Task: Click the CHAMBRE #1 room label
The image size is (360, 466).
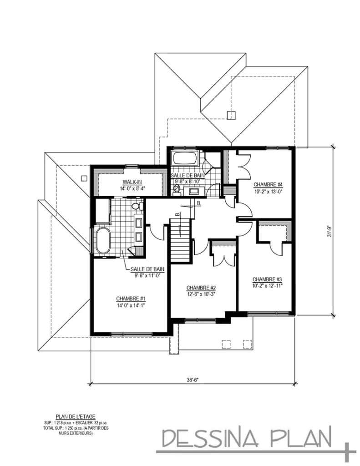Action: pyautogui.click(x=130, y=299)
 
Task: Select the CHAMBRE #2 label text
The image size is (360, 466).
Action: pyautogui.click(x=201, y=288)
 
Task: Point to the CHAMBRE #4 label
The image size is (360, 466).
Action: pyautogui.click(x=269, y=184)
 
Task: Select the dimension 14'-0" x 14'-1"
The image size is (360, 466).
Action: pyautogui.click(x=130, y=305)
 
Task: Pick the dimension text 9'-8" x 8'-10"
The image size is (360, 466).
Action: pyautogui.click(x=188, y=181)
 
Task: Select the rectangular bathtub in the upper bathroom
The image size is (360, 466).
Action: pyautogui.click(x=184, y=160)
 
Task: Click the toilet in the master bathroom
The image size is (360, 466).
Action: pyautogui.click(x=135, y=207)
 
